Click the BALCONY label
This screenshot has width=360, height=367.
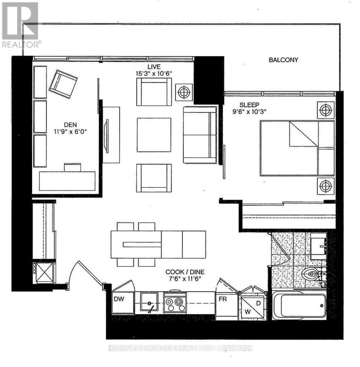pos(283,60)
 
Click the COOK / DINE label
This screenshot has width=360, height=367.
pos(185,272)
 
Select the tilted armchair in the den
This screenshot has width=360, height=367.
pos(63,83)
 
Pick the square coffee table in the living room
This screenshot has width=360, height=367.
pos(154,135)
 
